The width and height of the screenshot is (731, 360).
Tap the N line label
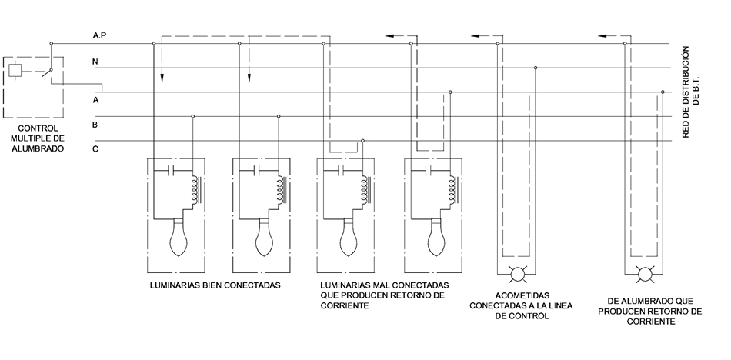pos(95,60)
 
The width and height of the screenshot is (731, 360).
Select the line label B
pos(95,123)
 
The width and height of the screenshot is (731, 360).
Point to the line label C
pos(95,148)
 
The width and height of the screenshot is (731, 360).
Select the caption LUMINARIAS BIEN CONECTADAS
pos(215,285)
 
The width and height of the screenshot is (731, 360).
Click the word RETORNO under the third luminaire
pos(406,295)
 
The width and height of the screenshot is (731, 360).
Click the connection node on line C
pos(362,141)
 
